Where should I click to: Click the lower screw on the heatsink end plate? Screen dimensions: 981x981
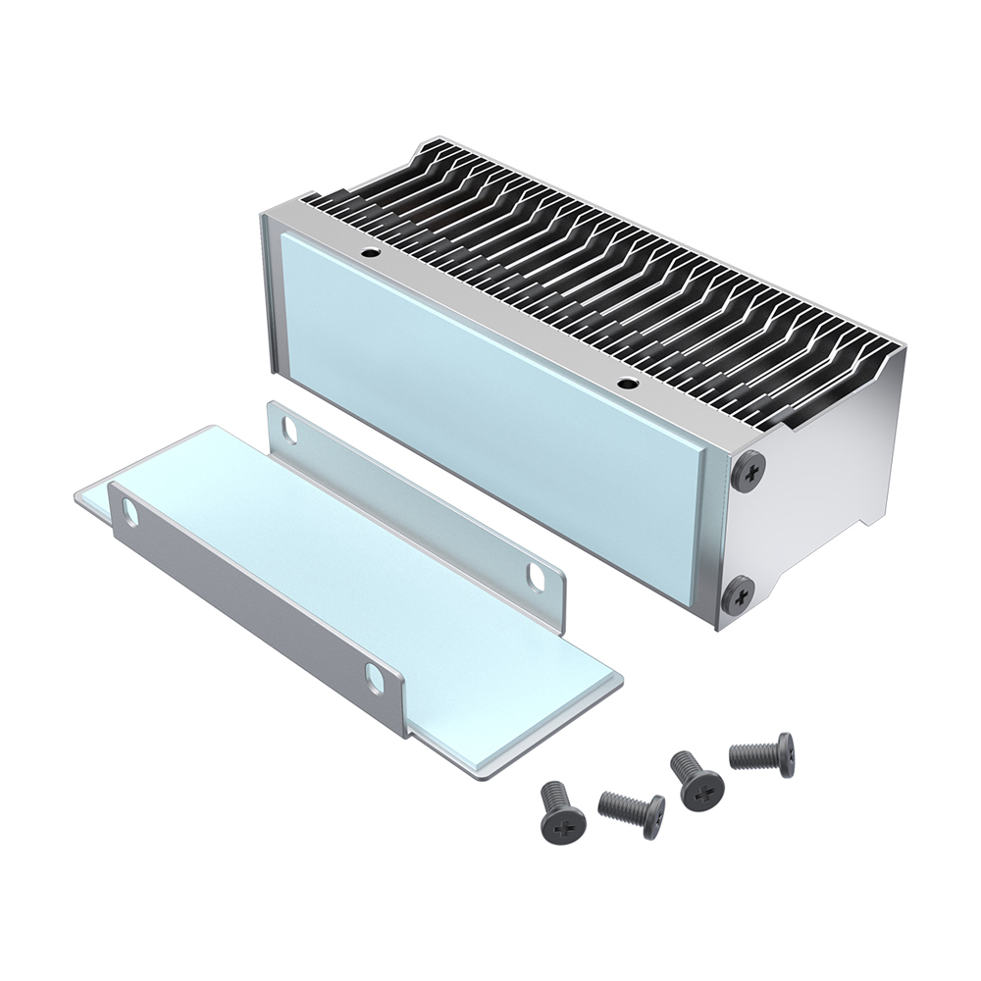740,593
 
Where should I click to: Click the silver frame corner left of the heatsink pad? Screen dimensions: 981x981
272,294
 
